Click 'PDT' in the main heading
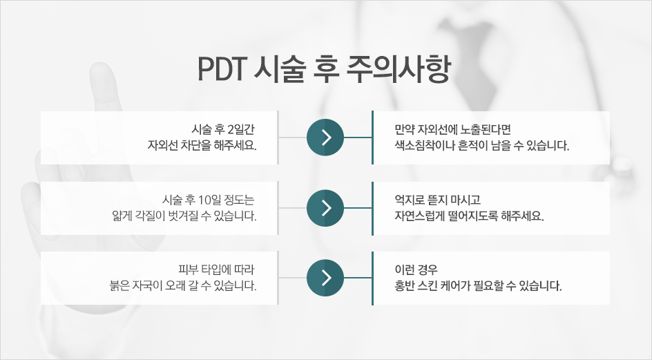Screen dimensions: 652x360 click(220, 69)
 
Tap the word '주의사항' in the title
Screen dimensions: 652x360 click(399, 69)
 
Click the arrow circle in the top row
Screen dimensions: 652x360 click(325, 138)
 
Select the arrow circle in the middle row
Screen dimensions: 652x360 click(325, 208)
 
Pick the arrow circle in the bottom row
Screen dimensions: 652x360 click(325, 278)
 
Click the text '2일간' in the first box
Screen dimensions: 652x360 click(242, 129)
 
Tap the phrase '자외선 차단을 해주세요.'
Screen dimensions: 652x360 click(202, 146)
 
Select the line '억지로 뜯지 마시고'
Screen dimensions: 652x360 click(437, 200)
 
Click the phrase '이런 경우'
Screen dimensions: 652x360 click(416, 270)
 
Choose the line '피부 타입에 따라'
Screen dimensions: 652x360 click(216, 270)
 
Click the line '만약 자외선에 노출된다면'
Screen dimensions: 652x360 click(453, 129)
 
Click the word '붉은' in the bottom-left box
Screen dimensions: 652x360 click(119, 286)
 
